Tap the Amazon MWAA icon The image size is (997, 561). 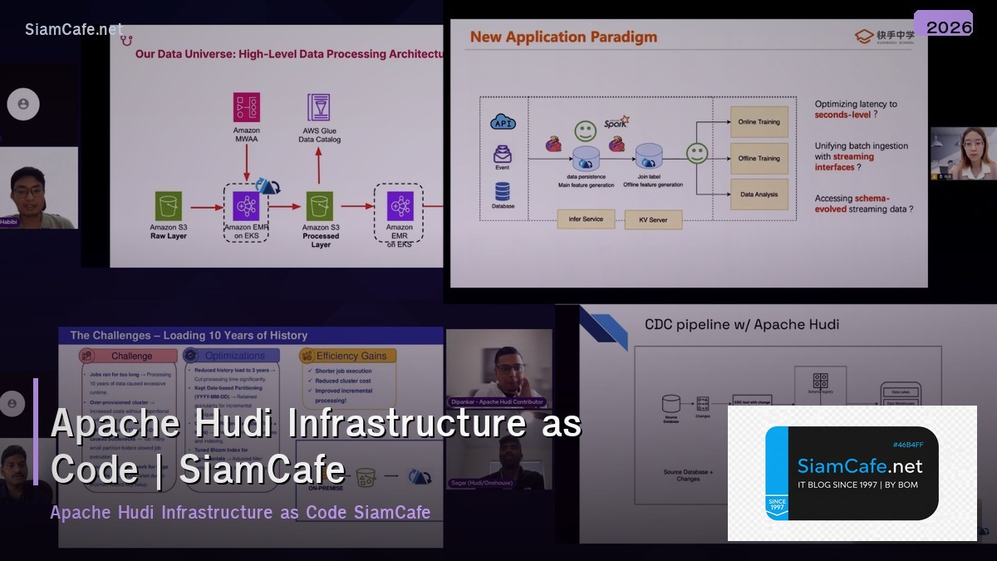tap(246, 108)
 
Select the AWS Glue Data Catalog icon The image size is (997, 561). tap(319, 108)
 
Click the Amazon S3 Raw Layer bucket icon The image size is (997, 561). tap(169, 206)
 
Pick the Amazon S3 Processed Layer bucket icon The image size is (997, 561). tap(320, 206)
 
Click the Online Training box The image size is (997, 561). tap(759, 122)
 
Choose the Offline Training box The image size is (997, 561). tap(759, 158)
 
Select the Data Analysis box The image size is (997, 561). tap(759, 194)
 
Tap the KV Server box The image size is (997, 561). tap(652, 220)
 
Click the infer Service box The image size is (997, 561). tap(586, 219)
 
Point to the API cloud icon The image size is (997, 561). tap(503, 123)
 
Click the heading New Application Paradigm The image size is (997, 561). tap(563, 37)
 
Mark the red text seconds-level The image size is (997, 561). tap(842, 115)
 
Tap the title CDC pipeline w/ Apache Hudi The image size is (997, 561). tap(742, 324)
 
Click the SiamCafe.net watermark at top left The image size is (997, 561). tap(74, 29)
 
